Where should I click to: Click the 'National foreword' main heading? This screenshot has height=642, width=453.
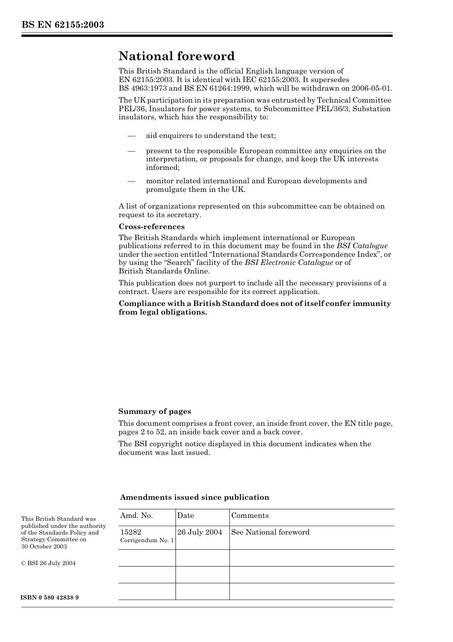click(x=176, y=56)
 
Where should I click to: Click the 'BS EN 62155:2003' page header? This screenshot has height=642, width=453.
click(x=62, y=25)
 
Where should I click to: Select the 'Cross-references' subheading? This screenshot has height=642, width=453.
click(x=152, y=227)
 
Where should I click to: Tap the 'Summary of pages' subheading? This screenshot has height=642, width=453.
click(x=154, y=411)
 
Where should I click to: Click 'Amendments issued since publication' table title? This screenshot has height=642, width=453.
click(x=195, y=497)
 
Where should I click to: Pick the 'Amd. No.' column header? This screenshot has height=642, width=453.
click(x=136, y=516)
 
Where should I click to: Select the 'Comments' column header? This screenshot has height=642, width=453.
click(x=250, y=516)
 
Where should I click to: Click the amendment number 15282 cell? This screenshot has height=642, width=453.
click(x=131, y=532)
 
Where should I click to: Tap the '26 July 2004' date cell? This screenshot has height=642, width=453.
click(x=200, y=532)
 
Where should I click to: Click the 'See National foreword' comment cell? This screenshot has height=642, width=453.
click(x=270, y=532)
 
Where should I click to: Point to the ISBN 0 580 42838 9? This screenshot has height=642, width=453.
click(x=50, y=598)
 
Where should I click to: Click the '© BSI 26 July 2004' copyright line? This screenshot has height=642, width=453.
click(x=48, y=563)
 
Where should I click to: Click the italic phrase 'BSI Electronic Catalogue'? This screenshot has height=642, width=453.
click(x=289, y=263)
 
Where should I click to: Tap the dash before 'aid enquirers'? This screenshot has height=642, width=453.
click(x=132, y=136)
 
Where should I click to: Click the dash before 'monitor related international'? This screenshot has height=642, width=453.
click(x=132, y=181)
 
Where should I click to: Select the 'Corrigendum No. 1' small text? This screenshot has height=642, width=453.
click(x=147, y=540)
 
